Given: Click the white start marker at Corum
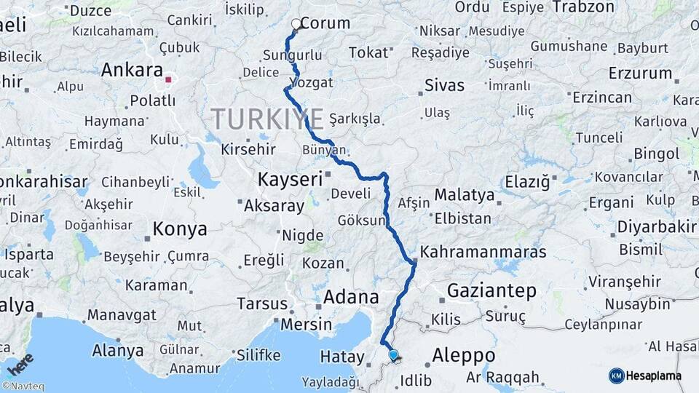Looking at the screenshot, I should pyautogui.click(x=296, y=24).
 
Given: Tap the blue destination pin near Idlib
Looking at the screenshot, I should pyautogui.click(x=393, y=354).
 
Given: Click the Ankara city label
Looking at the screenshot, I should pyautogui.click(x=132, y=71).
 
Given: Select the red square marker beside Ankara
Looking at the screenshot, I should pyautogui.click(x=169, y=79).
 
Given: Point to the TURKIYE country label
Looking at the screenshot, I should pyautogui.click(x=267, y=119).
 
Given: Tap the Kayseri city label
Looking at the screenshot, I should pyautogui.click(x=290, y=178).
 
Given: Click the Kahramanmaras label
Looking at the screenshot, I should pyautogui.click(x=483, y=253).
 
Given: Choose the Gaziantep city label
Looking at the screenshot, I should pyautogui.click(x=491, y=291).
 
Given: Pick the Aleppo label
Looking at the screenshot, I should pyautogui.click(x=464, y=355).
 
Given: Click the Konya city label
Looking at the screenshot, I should pyautogui.click(x=180, y=229).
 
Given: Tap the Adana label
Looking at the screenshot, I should pyautogui.click(x=351, y=297).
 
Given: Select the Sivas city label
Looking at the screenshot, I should pyautogui.click(x=444, y=86).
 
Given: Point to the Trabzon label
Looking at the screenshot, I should pyautogui.click(x=584, y=7).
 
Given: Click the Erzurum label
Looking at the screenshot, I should pyautogui.click(x=641, y=74).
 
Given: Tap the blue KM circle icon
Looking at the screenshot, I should pyautogui.click(x=617, y=376).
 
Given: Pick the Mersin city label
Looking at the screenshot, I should pyautogui.click(x=306, y=324).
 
